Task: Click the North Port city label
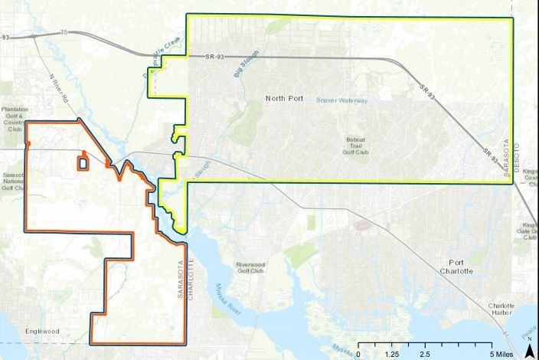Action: click(x=285, y=98)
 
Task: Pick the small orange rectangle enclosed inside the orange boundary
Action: click(x=81, y=162)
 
